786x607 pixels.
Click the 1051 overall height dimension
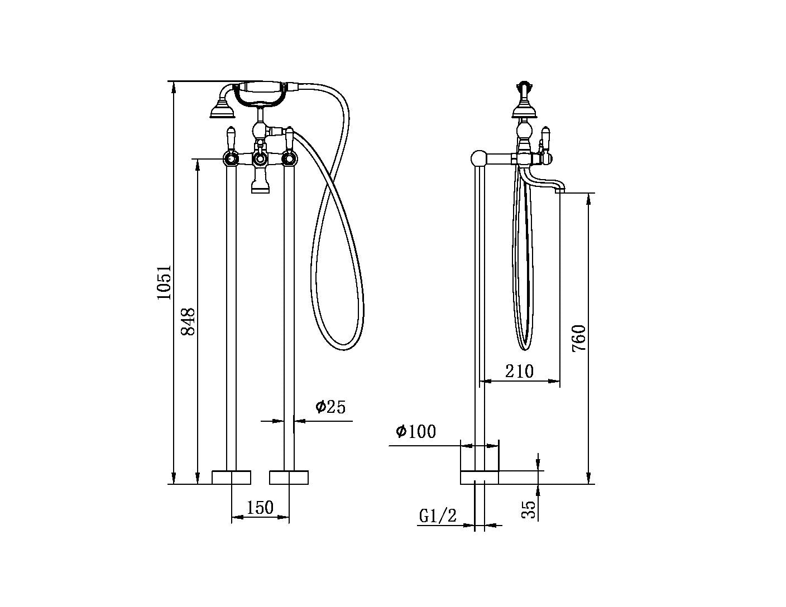coord(164,282)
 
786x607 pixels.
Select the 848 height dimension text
coord(188,321)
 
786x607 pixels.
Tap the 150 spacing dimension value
coord(260,507)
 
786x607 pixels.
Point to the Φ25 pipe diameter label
coord(330,407)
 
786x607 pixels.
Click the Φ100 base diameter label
coord(416,431)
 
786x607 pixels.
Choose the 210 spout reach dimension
coord(519,371)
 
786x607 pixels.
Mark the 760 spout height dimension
coord(579,338)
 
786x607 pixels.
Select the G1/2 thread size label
coord(438,516)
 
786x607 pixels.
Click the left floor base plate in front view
coord(232,478)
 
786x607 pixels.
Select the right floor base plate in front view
coord(289,478)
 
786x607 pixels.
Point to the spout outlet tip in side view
coord(560,190)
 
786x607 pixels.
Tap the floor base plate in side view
coord(479,478)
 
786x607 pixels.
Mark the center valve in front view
coord(260,160)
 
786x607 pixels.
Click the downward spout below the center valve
coord(260,184)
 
